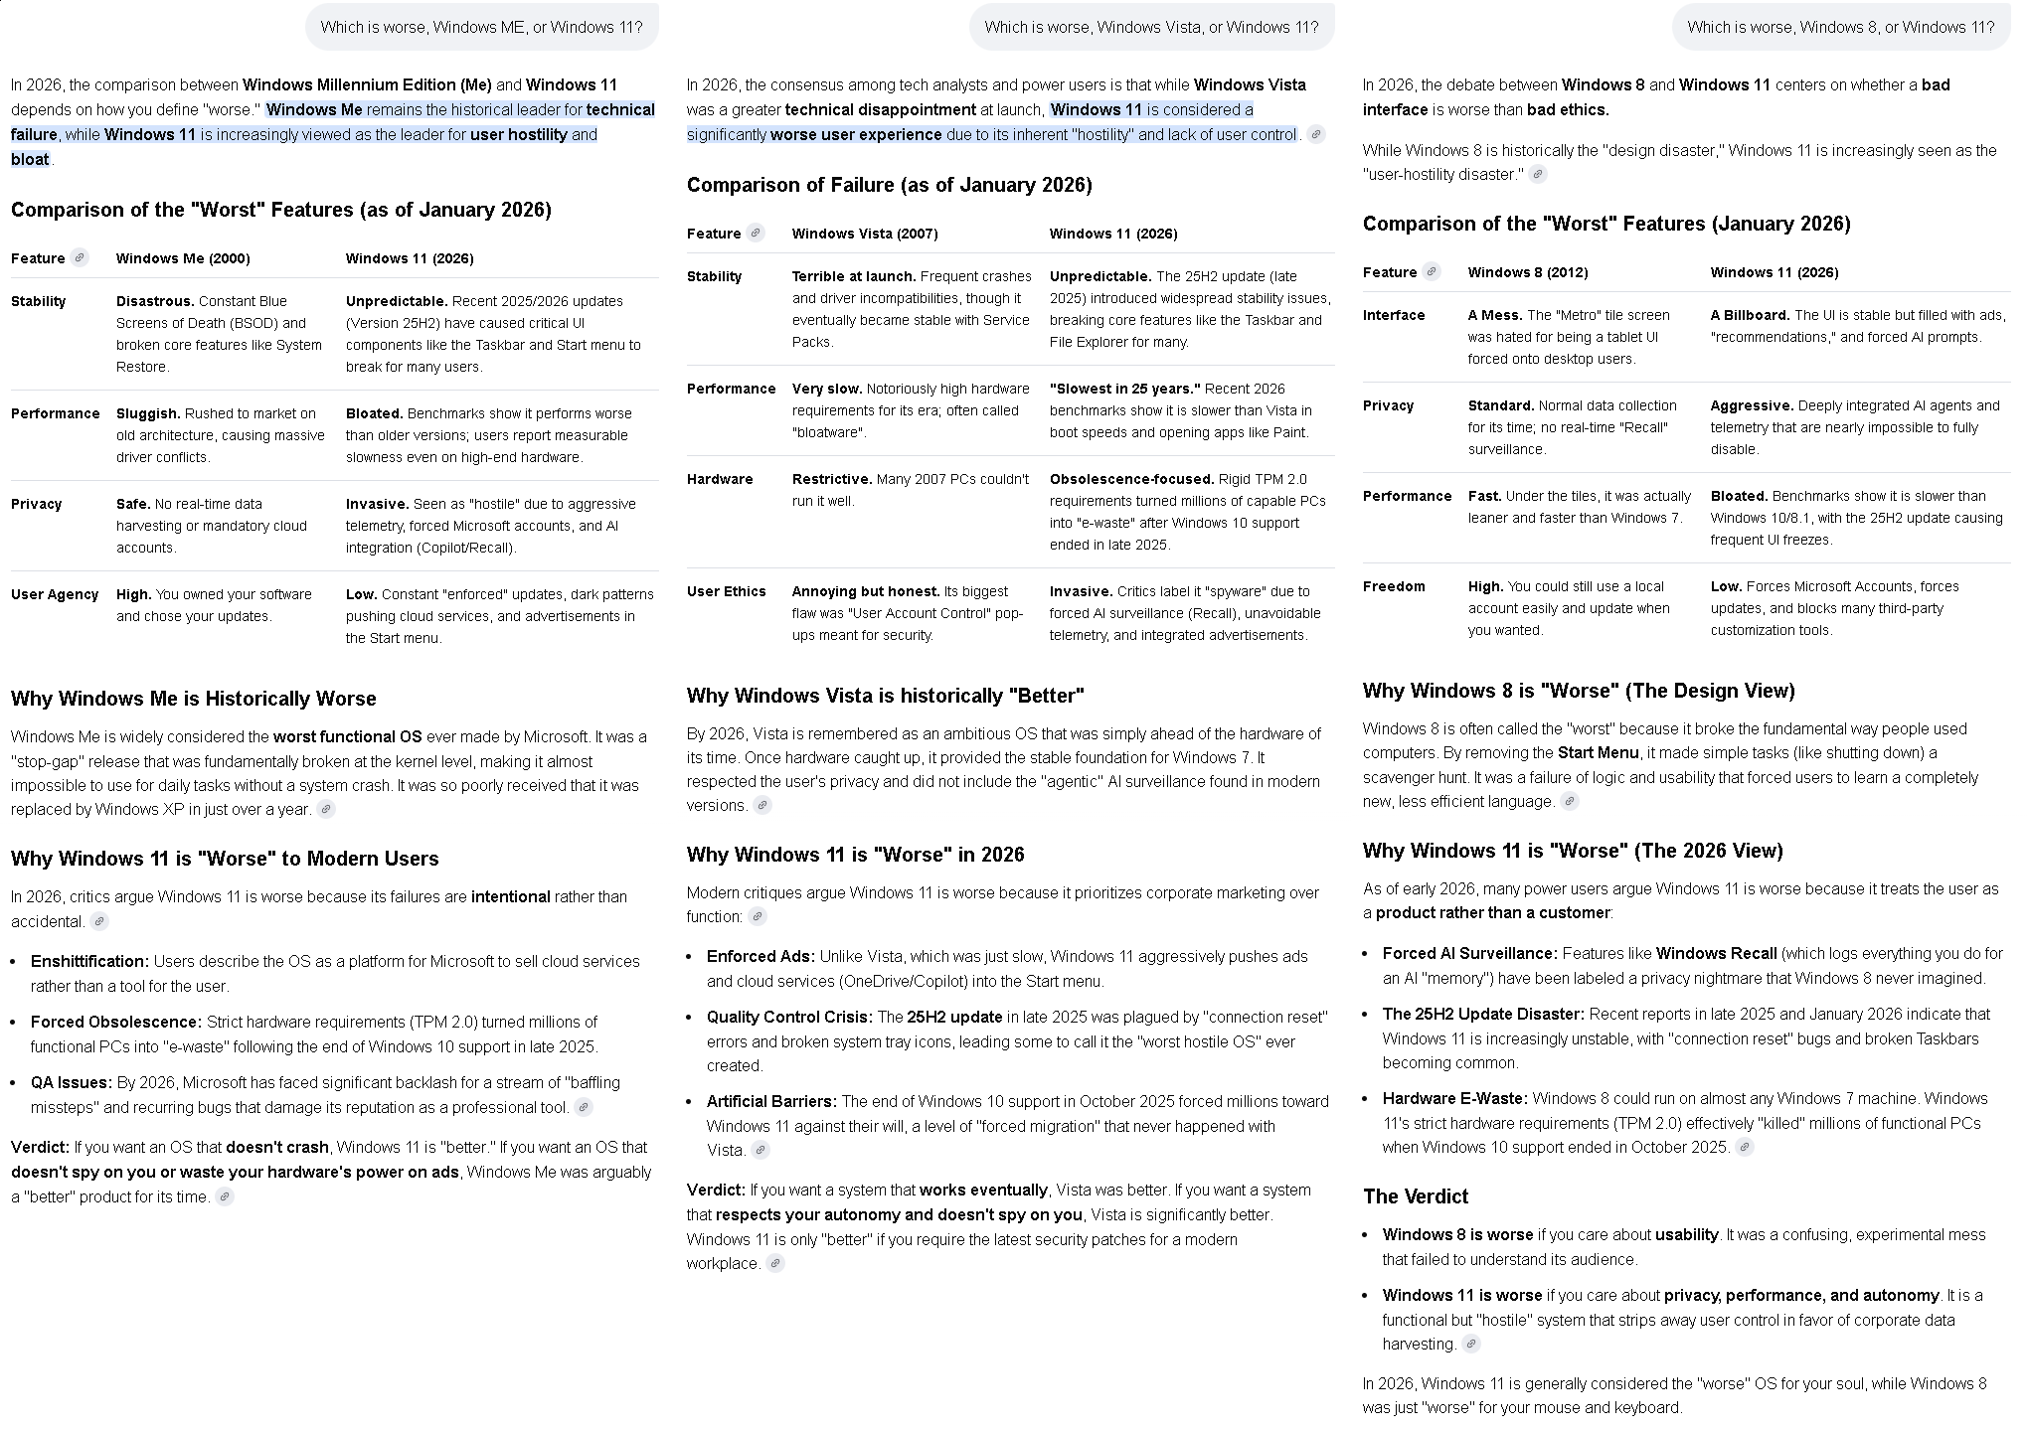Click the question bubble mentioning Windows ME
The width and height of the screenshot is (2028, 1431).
tap(481, 27)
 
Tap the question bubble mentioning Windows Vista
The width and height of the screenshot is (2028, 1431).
tap(1151, 27)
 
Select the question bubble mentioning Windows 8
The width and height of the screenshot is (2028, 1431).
tap(1840, 27)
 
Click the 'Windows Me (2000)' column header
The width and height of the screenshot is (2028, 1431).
tap(183, 258)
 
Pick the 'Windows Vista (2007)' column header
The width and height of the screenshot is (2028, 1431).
tap(864, 234)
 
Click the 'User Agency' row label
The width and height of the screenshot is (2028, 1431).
tap(55, 594)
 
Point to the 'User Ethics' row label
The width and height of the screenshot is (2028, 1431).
tap(726, 591)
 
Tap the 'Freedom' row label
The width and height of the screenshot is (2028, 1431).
tap(1394, 586)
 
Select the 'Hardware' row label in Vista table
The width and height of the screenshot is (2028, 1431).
tap(719, 479)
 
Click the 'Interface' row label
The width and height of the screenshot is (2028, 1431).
tap(1394, 315)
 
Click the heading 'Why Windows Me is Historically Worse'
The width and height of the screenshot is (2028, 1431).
tap(193, 699)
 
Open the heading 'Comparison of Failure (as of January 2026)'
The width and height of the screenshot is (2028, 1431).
tap(889, 185)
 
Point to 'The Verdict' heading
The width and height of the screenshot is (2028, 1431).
tap(1415, 1196)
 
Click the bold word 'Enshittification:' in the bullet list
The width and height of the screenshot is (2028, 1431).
tap(89, 961)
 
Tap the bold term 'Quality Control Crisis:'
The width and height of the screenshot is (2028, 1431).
tap(789, 1017)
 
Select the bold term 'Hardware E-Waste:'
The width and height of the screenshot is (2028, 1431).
tap(1454, 1098)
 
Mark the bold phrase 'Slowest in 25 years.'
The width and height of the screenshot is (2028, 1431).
tap(1124, 389)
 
